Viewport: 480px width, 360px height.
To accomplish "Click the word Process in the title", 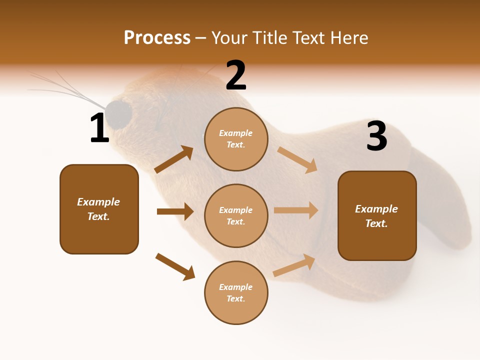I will (157, 37).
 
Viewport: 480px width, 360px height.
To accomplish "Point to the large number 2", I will (236, 75).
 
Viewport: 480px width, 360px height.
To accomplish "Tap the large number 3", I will (376, 136).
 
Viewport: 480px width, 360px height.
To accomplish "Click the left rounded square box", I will (99, 209).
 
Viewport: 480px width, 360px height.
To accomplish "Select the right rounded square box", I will (377, 216).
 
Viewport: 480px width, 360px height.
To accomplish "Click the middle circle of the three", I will (236, 215).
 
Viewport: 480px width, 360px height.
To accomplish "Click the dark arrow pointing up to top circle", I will (174, 159).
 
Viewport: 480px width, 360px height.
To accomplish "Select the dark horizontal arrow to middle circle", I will (175, 211).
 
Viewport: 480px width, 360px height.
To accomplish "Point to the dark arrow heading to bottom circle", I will (175, 266).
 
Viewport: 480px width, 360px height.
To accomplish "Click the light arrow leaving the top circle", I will (297, 159).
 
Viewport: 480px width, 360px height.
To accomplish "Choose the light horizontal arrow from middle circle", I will (296, 210).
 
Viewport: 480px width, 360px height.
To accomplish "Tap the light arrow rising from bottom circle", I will (294, 265).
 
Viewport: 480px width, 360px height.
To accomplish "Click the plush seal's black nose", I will (119, 113).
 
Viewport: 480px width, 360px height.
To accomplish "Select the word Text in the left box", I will (98, 216).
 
